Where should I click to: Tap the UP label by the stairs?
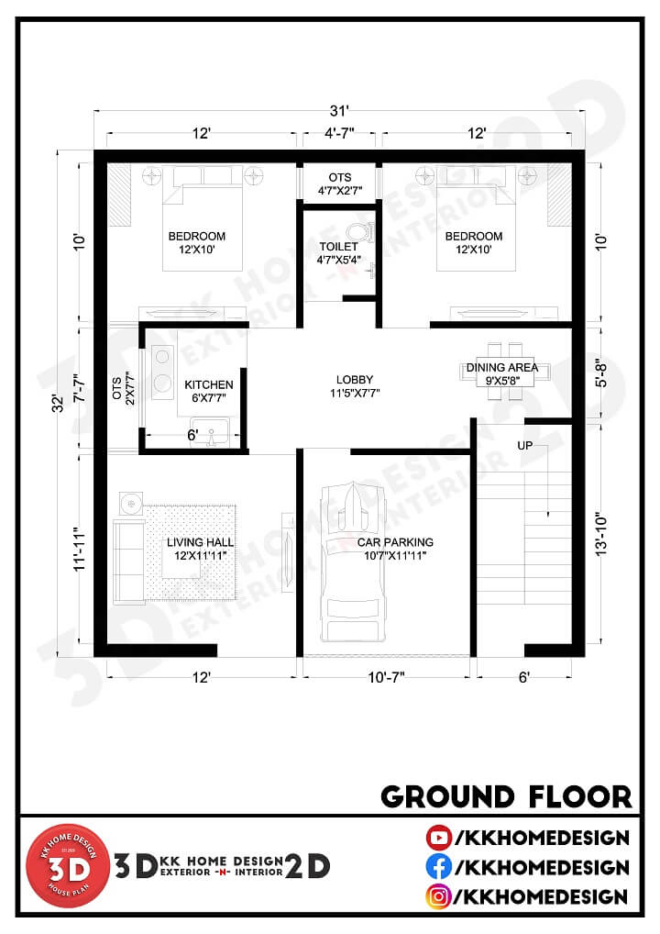(524, 447)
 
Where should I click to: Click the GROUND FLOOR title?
(506, 795)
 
